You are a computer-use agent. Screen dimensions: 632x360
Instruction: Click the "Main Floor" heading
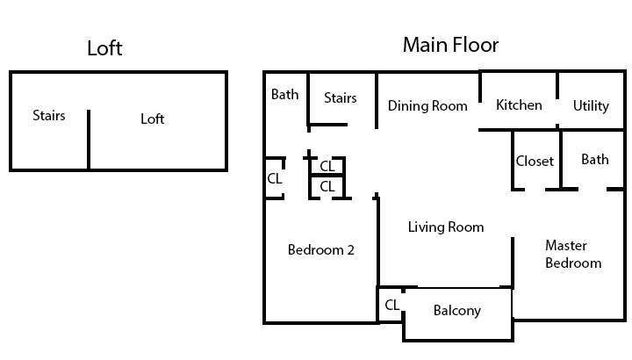pyautogui.click(x=450, y=45)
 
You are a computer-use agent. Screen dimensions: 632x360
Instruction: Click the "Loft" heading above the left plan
pyautogui.click(x=104, y=48)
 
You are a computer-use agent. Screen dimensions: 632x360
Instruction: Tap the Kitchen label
pyautogui.click(x=519, y=104)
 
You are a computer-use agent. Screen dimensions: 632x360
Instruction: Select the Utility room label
pyautogui.click(x=591, y=106)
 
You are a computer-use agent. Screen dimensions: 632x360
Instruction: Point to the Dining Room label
pyautogui.click(x=427, y=105)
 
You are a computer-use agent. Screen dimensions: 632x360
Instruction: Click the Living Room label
pyautogui.click(x=446, y=227)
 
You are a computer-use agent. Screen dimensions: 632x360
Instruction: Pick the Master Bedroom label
pyautogui.click(x=573, y=254)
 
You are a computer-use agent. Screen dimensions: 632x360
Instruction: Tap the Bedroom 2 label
pyautogui.click(x=321, y=250)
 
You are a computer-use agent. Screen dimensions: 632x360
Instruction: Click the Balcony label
pyautogui.click(x=457, y=311)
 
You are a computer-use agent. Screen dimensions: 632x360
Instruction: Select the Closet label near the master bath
pyautogui.click(x=535, y=162)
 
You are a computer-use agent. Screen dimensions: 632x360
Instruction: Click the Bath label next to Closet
pyautogui.click(x=595, y=160)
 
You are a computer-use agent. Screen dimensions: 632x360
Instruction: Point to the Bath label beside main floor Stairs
pyautogui.click(x=285, y=94)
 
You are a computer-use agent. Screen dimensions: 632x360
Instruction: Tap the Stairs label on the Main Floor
pyautogui.click(x=341, y=98)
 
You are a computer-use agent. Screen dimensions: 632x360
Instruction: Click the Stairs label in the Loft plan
pyautogui.click(x=49, y=116)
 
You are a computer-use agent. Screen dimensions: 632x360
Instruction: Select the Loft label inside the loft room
pyautogui.click(x=153, y=119)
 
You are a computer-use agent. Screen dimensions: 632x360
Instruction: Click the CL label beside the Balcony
pyautogui.click(x=392, y=305)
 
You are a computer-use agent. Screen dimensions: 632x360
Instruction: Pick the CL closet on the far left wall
pyautogui.click(x=275, y=178)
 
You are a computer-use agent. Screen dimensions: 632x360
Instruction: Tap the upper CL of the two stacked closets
pyautogui.click(x=327, y=166)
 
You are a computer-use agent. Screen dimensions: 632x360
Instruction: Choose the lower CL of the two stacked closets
pyautogui.click(x=327, y=187)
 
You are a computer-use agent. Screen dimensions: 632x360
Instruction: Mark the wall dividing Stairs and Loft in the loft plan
pyautogui.click(x=89, y=140)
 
